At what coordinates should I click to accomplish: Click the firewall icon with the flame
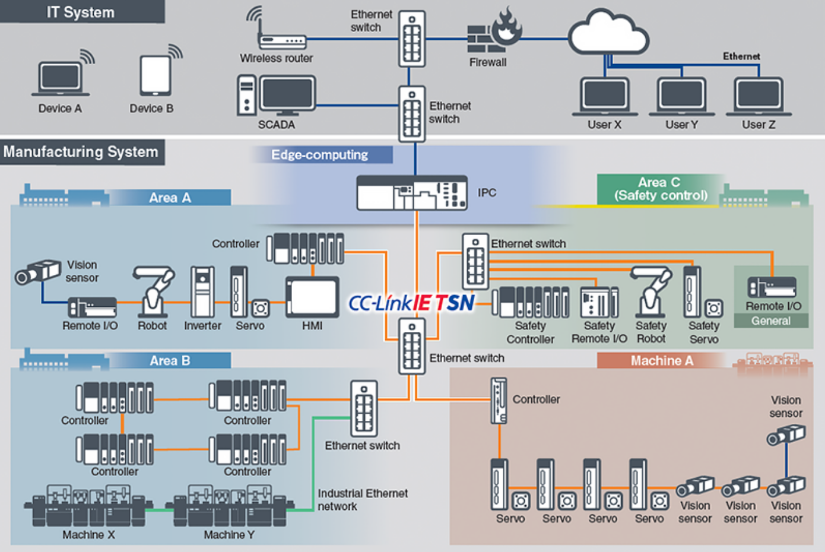coord(494,33)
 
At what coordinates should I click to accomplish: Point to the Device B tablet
coord(156,75)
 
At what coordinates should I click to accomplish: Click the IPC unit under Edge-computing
coord(411,193)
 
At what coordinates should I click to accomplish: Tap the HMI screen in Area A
coord(312,297)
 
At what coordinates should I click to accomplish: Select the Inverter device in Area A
coord(202,292)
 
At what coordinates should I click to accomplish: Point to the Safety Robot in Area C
coord(652,291)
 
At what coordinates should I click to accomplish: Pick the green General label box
coord(771,321)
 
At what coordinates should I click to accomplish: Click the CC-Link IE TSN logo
coord(411,303)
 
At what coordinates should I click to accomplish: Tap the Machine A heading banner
coord(661,360)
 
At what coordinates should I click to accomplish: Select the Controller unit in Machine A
coord(499,400)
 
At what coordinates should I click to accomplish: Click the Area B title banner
coord(170,360)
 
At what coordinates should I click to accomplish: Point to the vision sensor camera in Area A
coord(37,272)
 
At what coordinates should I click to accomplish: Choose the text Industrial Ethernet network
coord(362,500)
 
